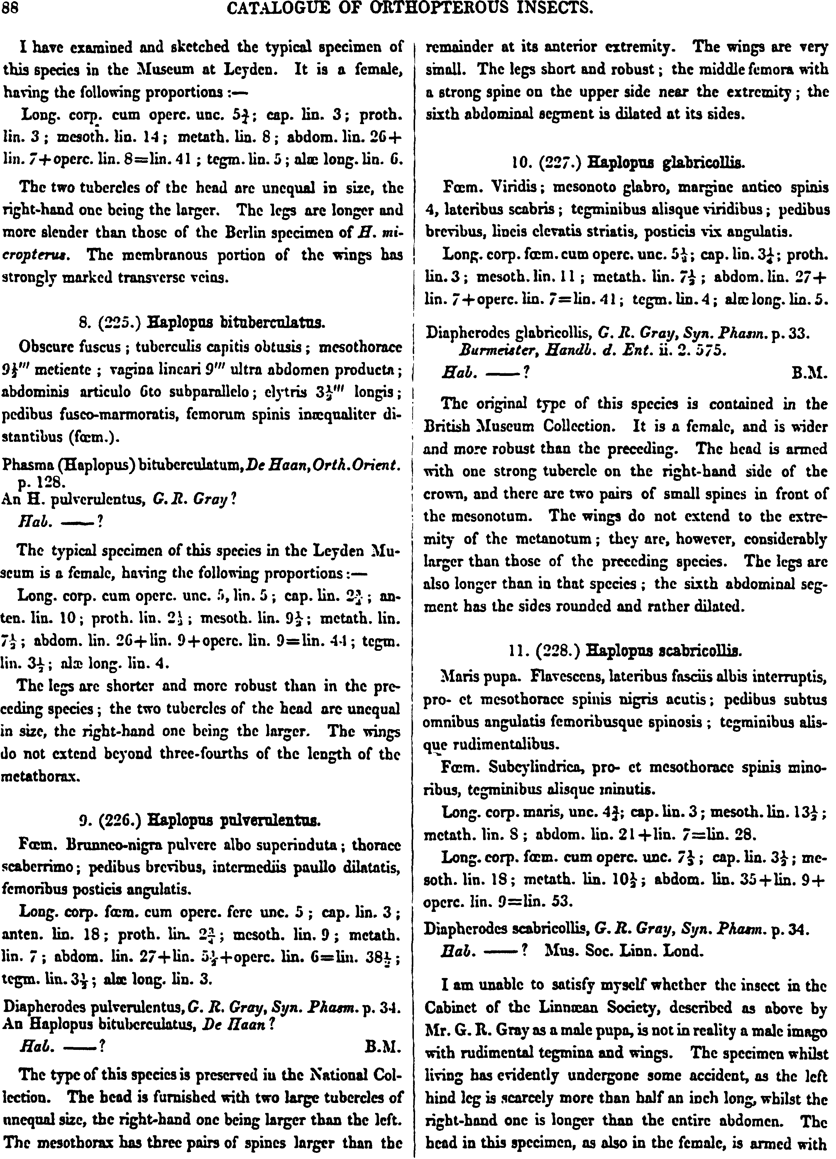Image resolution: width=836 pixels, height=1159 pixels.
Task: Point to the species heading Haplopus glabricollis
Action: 666,163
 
